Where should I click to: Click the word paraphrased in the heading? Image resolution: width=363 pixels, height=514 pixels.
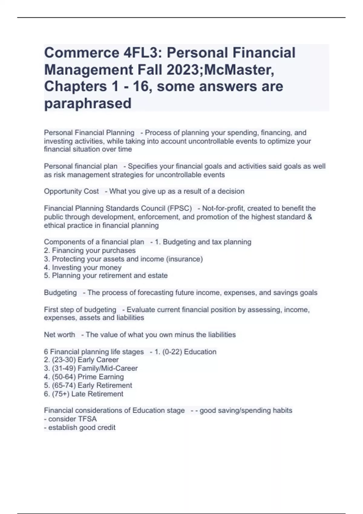(88, 103)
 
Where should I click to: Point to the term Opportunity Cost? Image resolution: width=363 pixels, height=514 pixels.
(71, 191)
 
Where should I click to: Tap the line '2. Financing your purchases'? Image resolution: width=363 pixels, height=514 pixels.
(90, 250)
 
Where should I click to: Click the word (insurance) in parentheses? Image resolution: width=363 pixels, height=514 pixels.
(185, 259)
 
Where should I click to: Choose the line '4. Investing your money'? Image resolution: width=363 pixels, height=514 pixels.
(83, 268)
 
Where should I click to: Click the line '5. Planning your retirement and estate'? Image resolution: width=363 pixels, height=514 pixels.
(106, 276)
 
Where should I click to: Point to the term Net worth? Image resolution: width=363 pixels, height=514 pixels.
(60, 335)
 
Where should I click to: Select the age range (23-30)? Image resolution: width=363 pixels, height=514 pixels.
(64, 360)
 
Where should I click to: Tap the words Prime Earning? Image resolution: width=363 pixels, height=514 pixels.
(100, 377)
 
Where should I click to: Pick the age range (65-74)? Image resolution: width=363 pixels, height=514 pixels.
(64, 385)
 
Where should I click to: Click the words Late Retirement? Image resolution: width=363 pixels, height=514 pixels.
(97, 394)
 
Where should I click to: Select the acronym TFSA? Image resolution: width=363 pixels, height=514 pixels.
(87, 419)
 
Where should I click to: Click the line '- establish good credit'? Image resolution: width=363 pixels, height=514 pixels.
(80, 428)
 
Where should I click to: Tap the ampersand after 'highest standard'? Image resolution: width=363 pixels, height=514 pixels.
(309, 217)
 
